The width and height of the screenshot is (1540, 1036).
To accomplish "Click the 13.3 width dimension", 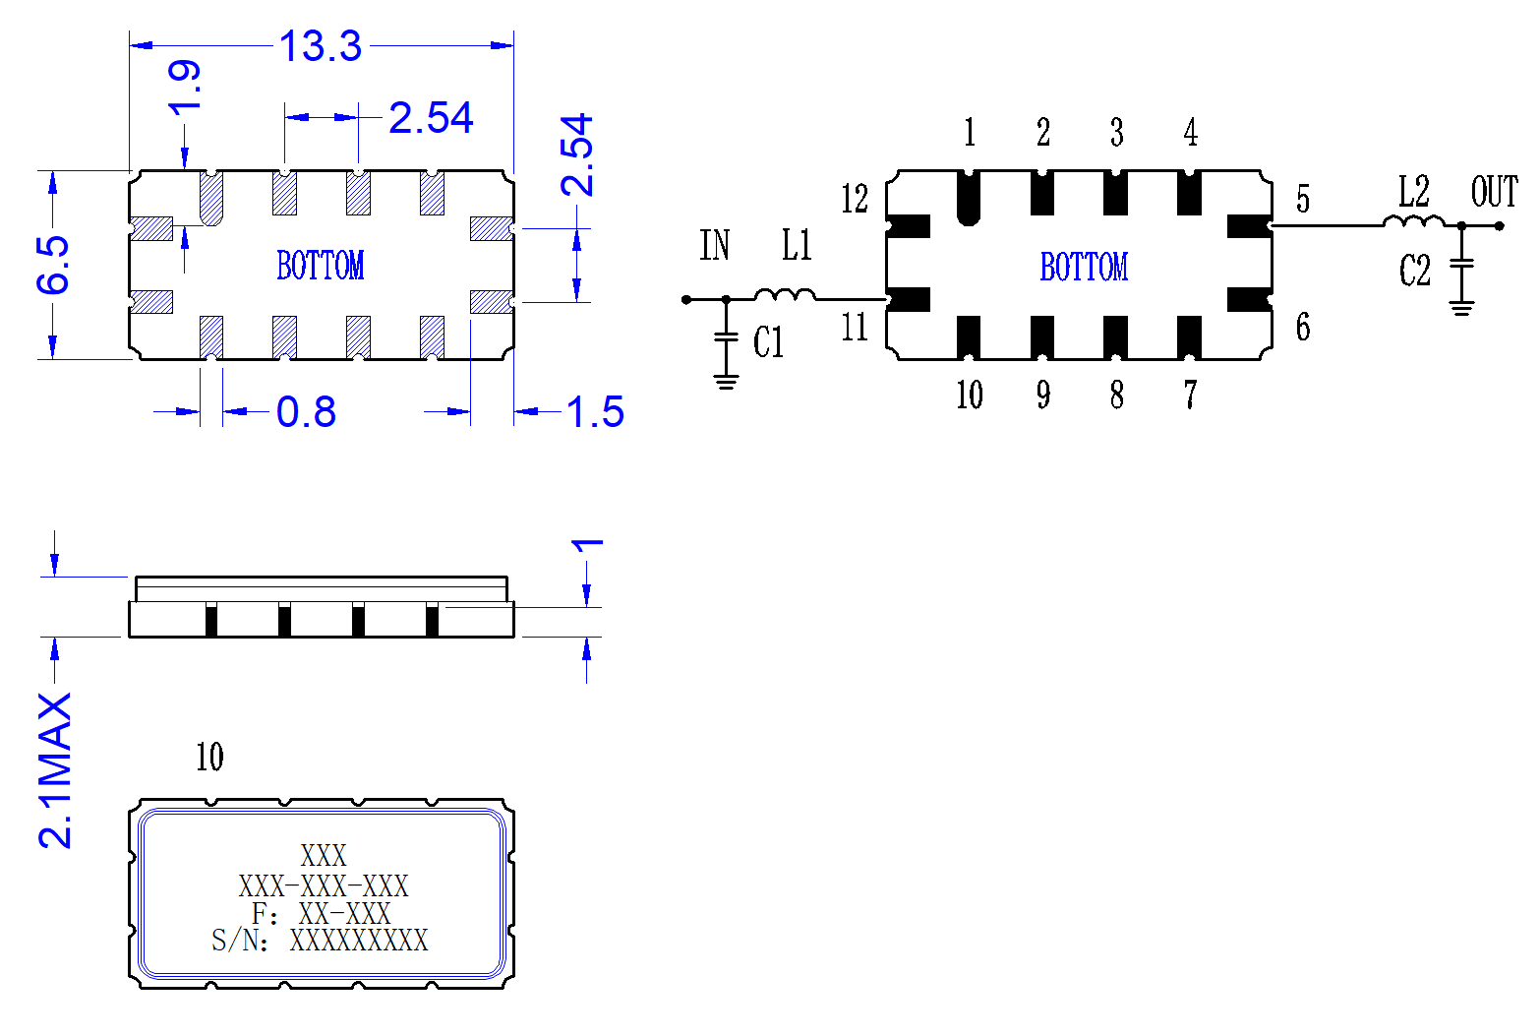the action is pyautogui.click(x=321, y=46).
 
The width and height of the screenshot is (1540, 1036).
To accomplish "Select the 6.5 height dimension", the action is pyautogui.click(x=53, y=265).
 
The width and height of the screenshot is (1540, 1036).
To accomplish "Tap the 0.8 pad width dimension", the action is pyautogui.click(x=306, y=412).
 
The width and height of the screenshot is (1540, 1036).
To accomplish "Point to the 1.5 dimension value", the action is pyautogui.click(x=595, y=412).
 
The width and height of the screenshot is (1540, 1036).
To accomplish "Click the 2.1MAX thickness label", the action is pyautogui.click(x=55, y=771).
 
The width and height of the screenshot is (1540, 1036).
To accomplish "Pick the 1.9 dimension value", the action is pyautogui.click(x=184, y=87).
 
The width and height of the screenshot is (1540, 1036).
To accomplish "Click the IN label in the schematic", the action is pyautogui.click(x=714, y=245).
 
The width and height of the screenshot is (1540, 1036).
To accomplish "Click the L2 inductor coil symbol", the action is pyautogui.click(x=1414, y=220).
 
